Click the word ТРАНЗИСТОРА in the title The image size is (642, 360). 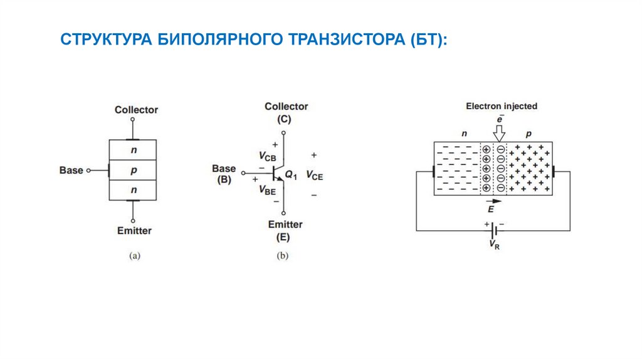coord(346,40)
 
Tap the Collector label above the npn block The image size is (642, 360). coord(136,110)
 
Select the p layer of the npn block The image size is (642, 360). coord(133,170)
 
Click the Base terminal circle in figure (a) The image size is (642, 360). coord(88,171)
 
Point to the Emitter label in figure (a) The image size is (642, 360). coord(134,231)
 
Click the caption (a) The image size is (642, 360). coord(135,256)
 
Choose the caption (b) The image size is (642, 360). coord(283,256)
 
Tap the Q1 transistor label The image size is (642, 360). coord(291,175)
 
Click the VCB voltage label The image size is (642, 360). coord(267,156)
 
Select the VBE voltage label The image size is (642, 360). coord(267,190)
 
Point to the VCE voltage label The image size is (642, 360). coord(315,176)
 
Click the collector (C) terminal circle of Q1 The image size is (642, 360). coord(283,133)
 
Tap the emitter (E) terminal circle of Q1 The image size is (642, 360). coord(283,213)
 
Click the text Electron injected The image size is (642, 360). coord(502,106)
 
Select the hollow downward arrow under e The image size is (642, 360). coord(499,134)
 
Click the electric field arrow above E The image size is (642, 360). coord(493,201)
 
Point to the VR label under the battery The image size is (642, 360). coord(494,245)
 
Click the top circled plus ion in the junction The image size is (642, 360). coord(487,149)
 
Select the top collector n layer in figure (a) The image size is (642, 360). coord(133,150)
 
